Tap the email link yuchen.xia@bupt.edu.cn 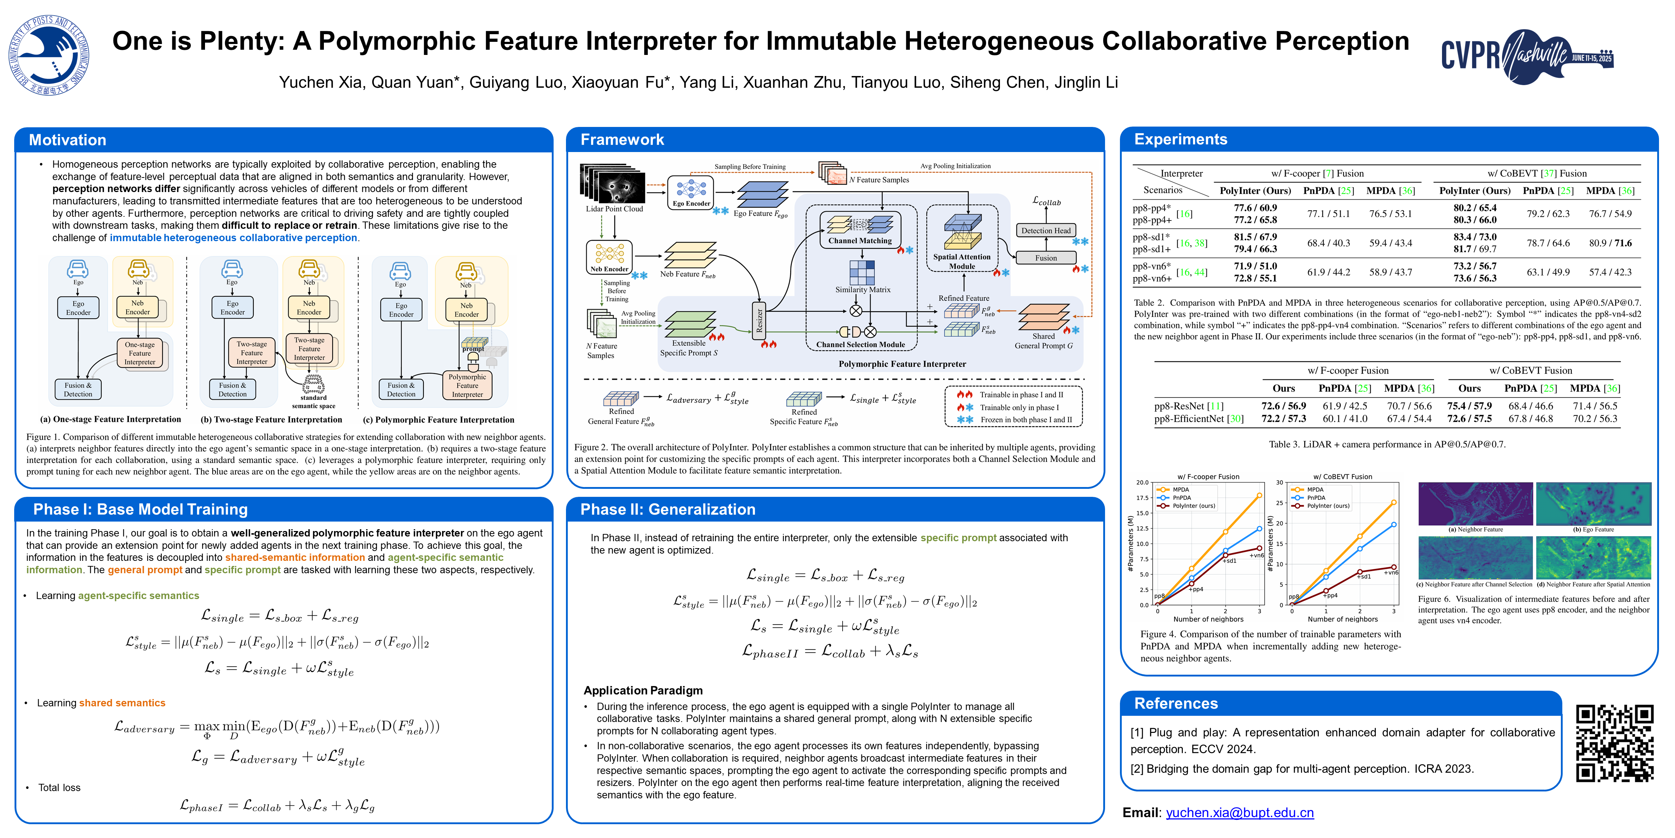click(x=1239, y=813)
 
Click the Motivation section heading click(x=68, y=140)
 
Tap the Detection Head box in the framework click(x=1045, y=230)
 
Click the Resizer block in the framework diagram click(x=759, y=322)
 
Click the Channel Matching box click(x=860, y=230)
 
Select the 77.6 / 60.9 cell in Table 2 click(x=1255, y=208)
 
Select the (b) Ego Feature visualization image click(x=1593, y=504)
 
